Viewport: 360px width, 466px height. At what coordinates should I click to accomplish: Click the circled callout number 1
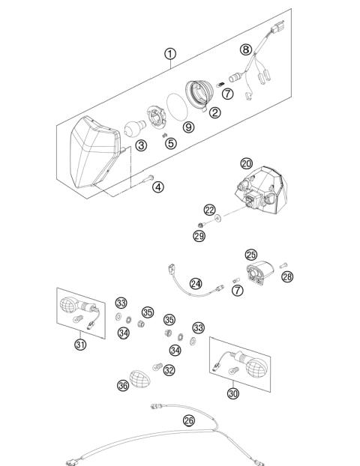(x=170, y=53)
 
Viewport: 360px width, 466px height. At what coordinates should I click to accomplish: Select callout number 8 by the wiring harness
(x=245, y=49)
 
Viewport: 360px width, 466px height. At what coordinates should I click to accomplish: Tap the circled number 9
(x=188, y=127)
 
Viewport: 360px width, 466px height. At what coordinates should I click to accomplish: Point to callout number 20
(x=246, y=163)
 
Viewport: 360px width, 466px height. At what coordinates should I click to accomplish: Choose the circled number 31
(x=79, y=344)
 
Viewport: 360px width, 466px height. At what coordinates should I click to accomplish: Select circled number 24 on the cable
(x=196, y=284)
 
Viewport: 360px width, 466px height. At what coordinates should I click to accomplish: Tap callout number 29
(x=199, y=236)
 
